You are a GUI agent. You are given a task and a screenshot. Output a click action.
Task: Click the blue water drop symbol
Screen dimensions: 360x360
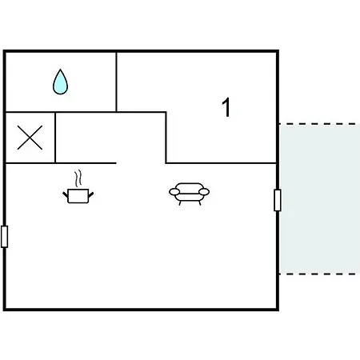(x=61, y=82)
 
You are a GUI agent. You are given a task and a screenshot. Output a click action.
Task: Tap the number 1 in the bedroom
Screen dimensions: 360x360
(x=226, y=107)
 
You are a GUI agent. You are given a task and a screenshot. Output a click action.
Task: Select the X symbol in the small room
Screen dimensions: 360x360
(x=30, y=138)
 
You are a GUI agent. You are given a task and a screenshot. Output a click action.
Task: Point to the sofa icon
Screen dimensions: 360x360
(x=189, y=194)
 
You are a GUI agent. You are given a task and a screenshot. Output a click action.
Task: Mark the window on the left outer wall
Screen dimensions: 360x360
(x=5, y=237)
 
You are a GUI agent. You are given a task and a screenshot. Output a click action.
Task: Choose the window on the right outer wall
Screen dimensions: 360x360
(x=278, y=200)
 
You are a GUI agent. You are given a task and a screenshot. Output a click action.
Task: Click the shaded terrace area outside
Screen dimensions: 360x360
(x=319, y=199)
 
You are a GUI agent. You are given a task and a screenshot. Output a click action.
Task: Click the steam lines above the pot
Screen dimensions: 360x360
(x=78, y=178)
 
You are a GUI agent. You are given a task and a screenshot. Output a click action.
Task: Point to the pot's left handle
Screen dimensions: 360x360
(x=66, y=194)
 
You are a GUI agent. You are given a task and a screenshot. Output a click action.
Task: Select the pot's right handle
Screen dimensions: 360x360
(x=91, y=194)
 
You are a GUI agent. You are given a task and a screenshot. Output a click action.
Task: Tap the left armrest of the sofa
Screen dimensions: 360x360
(x=174, y=192)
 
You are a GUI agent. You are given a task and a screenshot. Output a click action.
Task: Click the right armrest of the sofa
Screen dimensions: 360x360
(x=204, y=192)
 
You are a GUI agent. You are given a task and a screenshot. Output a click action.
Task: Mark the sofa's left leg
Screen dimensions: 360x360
(x=180, y=203)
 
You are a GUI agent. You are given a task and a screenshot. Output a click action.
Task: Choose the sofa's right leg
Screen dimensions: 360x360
(x=200, y=203)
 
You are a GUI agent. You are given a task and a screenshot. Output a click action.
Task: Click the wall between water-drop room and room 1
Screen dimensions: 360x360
(x=117, y=82)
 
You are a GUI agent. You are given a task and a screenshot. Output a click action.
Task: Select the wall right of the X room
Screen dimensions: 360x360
(x=55, y=138)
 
